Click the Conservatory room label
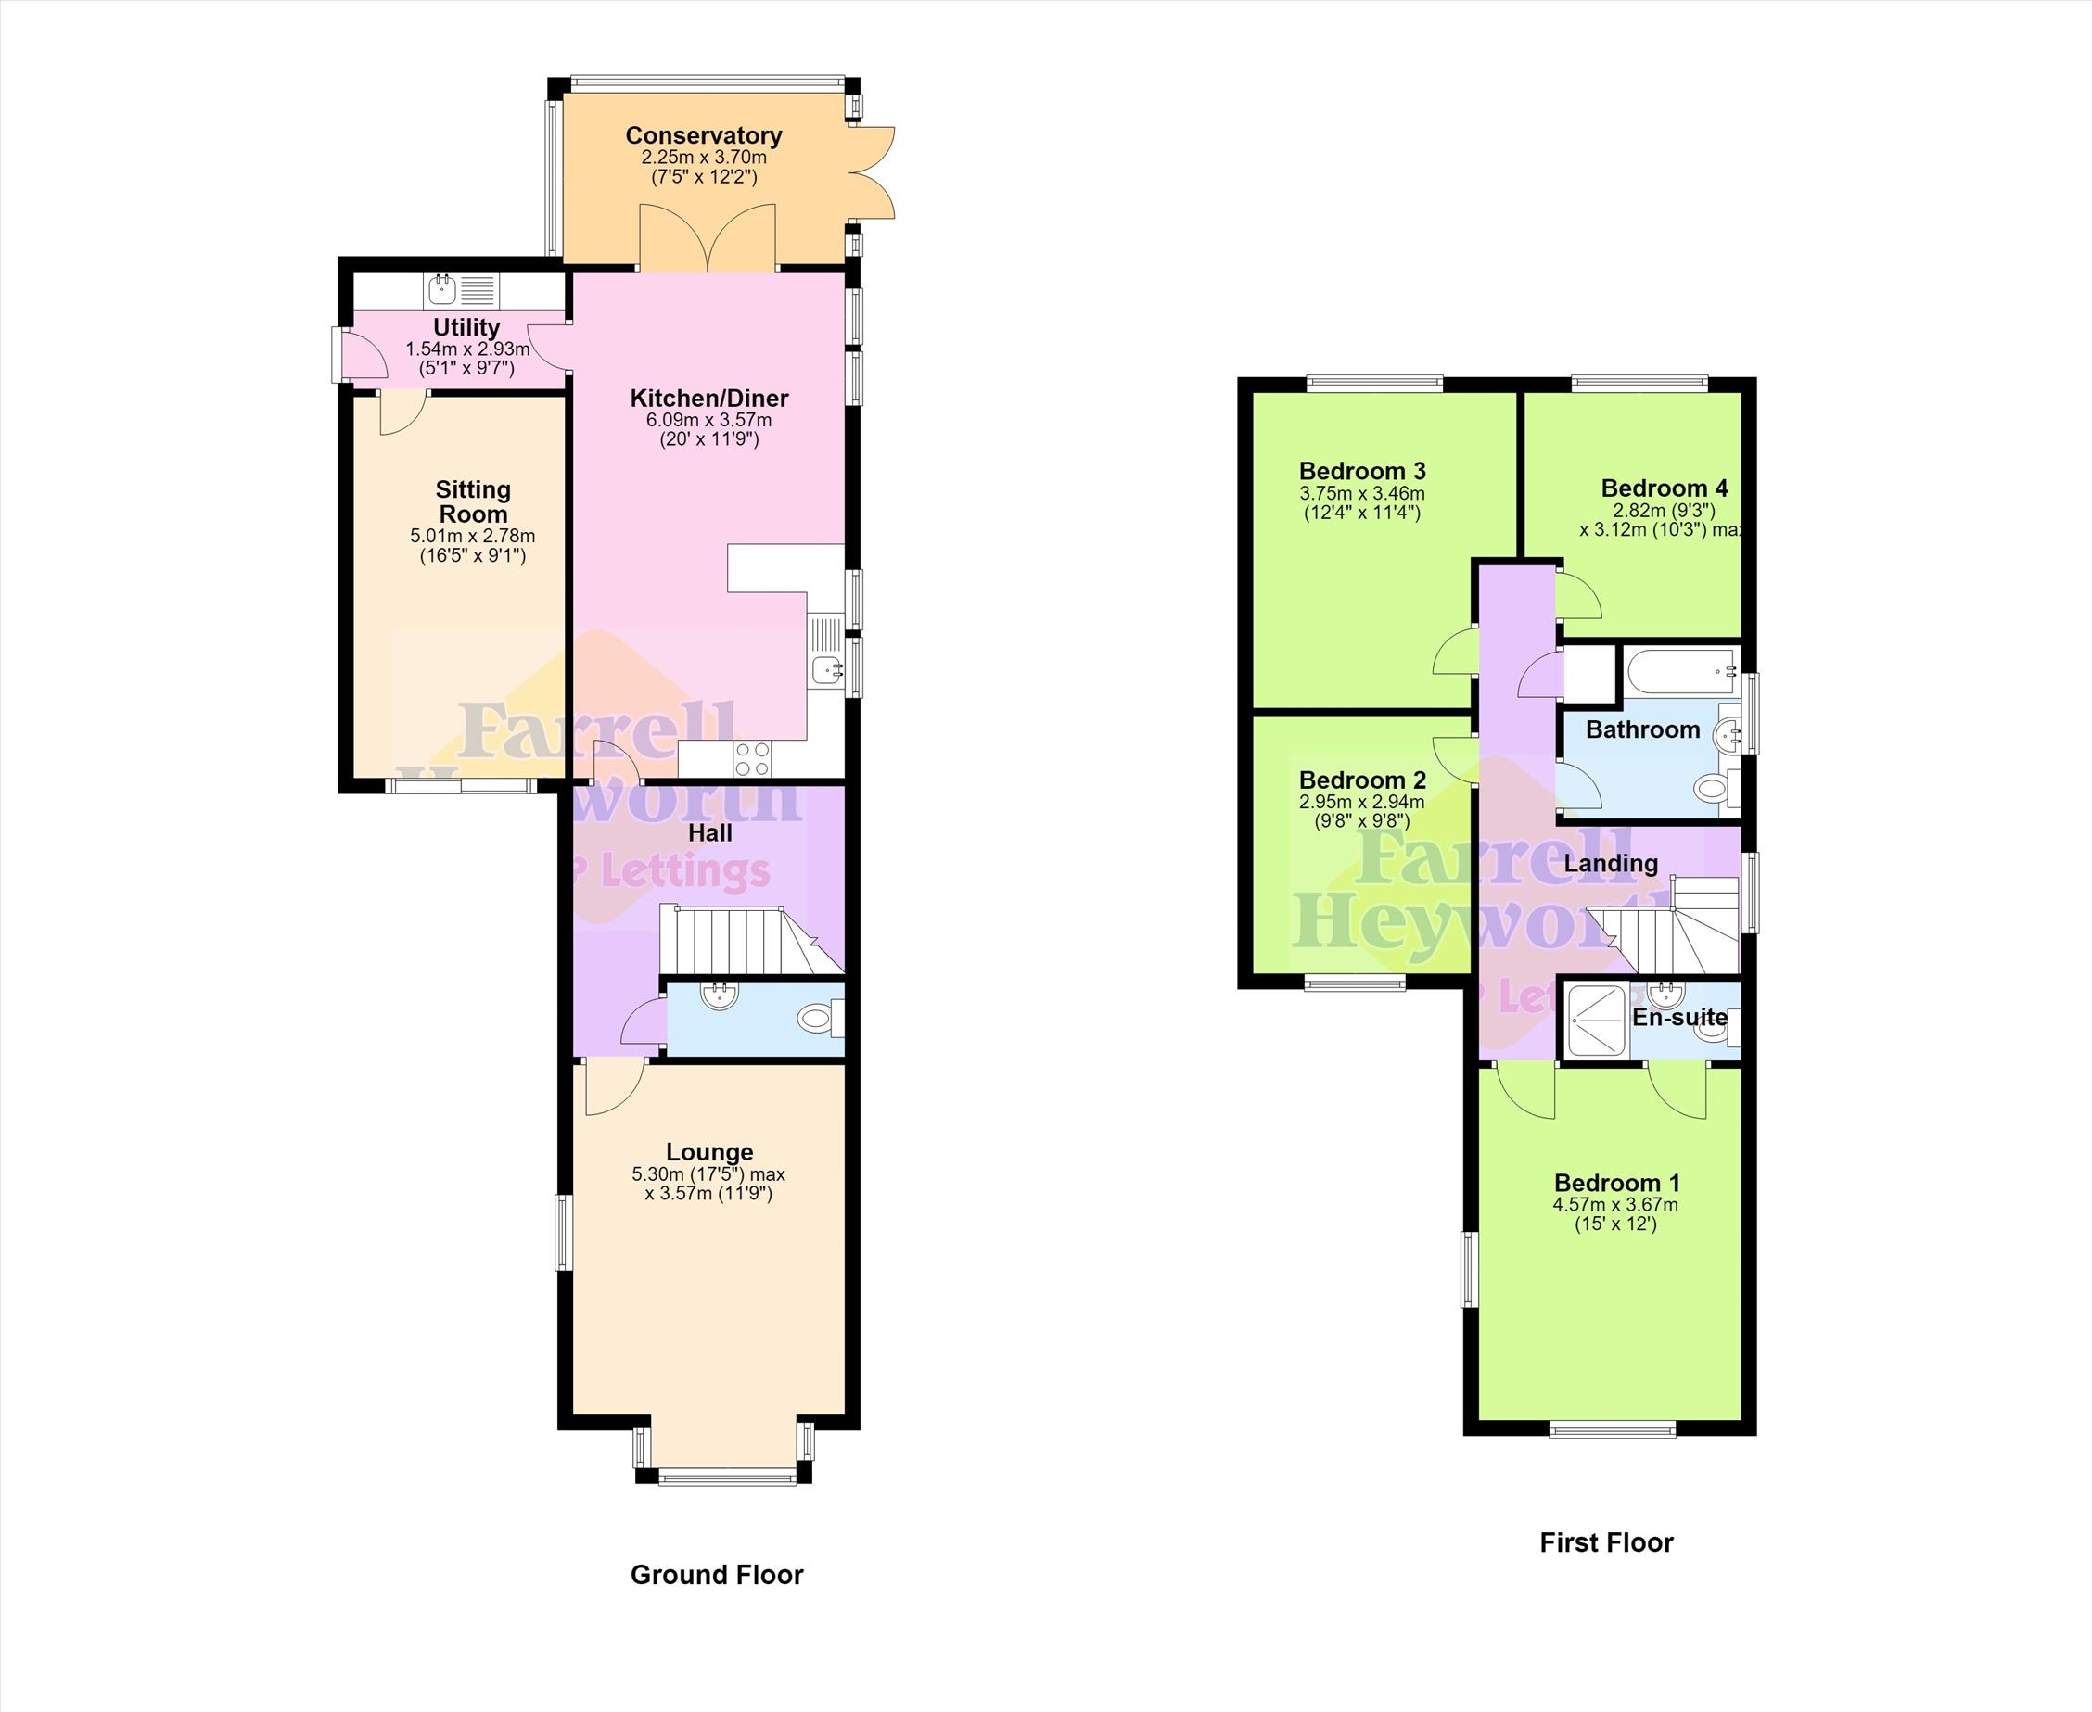(x=703, y=136)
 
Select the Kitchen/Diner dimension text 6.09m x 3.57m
(x=709, y=420)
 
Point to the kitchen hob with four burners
(x=753, y=759)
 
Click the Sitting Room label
(x=474, y=502)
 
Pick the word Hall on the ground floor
(x=710, y=833)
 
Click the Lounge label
(x=709, y=1152)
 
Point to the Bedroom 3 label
(x=1362, y=472)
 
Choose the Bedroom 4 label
(x=1664, y=488)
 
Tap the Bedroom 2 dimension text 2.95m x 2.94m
(x=1362, y=803)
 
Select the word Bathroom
(x=1642, y=729)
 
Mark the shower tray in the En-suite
(x=1596, y=1021)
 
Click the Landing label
(x=1611, y=864)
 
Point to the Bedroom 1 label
(x=1616, y=1184)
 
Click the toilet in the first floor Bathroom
(x=1717, y=787)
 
